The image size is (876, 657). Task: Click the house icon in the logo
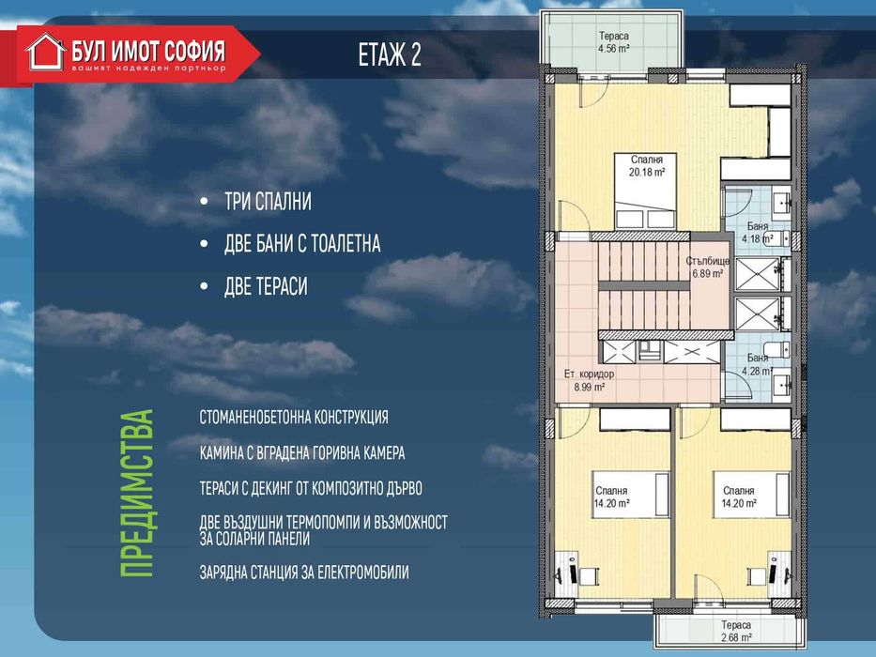(x=46, y=52)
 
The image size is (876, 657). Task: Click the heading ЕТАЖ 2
(x=390, y=54)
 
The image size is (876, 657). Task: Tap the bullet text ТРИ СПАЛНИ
(x=268, y=202)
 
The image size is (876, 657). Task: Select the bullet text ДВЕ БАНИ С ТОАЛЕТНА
(x=302, y=244)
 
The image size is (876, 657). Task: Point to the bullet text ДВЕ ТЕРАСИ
(x=266, y=286)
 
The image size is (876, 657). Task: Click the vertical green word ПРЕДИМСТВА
(x=137, y=494)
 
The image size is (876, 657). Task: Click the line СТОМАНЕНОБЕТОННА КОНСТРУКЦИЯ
(x=294, y=418)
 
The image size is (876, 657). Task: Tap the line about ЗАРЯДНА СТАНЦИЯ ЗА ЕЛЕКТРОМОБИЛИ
(x=304, y=573)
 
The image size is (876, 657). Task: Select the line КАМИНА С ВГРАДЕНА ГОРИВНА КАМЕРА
(x=302, y=452)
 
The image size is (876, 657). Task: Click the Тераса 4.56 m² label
(x=613, y=42)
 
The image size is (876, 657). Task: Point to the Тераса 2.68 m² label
(x=736, y=631)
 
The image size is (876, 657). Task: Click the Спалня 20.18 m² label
(x=646, y=166)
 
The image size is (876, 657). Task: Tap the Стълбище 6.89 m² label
(x=708, y=267)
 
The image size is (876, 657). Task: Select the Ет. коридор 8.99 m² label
(x=589, y=380)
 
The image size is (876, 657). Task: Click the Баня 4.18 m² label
(x=758, y=233)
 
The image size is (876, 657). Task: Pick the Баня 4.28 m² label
(x=758, y=364)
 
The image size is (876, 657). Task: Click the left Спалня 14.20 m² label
(x=611, y=497)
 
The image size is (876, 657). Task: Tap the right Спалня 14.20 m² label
(x=739, y=497)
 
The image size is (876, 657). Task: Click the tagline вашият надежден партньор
(x=148, y=69)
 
